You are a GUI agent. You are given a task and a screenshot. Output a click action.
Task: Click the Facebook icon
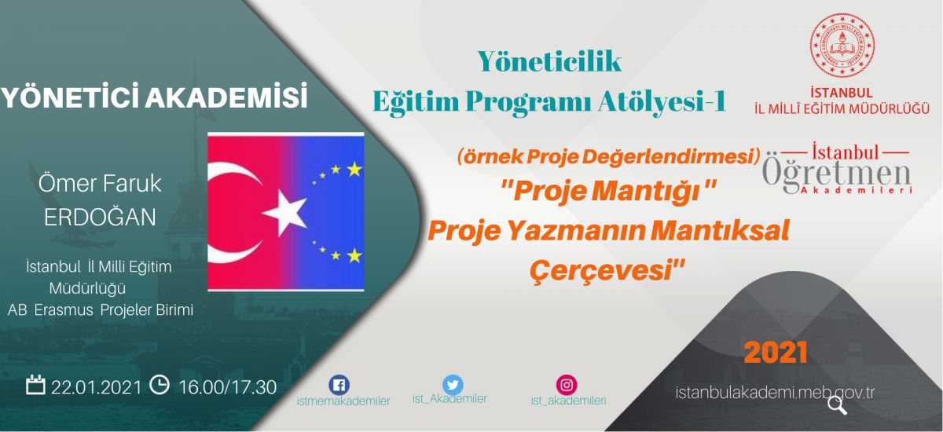[339, 385]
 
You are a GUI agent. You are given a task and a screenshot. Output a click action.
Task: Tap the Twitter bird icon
[453, 385]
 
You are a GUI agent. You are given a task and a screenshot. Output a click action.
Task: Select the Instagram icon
[567, 385]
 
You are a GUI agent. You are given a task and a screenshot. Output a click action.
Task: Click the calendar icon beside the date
[35, 384]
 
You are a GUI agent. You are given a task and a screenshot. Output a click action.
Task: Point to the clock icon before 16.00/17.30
[160, 384]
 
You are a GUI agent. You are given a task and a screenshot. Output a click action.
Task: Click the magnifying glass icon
[837, 405]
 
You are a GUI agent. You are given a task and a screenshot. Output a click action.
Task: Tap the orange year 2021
[776, 353]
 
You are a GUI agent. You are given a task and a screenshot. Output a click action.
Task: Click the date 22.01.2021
[96, 387]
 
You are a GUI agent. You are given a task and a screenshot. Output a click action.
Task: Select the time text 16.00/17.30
[228, 387]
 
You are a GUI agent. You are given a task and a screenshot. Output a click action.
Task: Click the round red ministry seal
[842, 45]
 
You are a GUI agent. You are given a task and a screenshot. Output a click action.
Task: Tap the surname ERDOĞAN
[100, 217]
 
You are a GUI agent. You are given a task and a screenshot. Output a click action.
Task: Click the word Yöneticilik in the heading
[549, 61]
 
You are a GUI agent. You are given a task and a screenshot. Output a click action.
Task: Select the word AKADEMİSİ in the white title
[226, 97]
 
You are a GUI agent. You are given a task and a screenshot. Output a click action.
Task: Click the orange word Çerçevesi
[607, 270]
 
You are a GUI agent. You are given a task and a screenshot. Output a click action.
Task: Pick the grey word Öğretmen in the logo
[836, 174]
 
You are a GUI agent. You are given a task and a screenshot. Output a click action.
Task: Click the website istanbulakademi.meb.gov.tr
[775, 393]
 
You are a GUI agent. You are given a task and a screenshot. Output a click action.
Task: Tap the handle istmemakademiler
[343, 401]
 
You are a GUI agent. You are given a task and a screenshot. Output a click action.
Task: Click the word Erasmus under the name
[64, 310]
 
